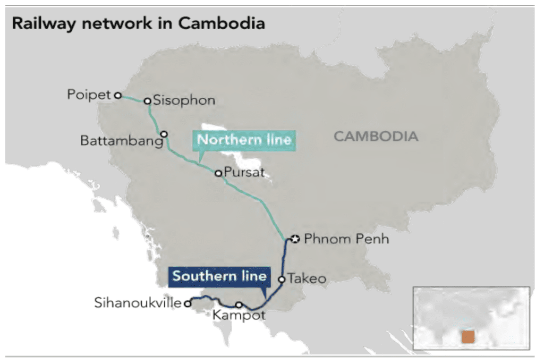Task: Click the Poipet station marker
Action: click(118, 96)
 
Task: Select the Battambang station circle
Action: click(164, 134)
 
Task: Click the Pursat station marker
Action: click(218, 173)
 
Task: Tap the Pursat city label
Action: click(244, 173)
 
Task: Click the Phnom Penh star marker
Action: click(296, 239)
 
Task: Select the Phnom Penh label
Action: click(346, 239)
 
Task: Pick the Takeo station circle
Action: click(282, 278)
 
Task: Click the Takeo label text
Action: click(307, 278)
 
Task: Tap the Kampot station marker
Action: click(239, 305)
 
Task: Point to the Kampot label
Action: click(239, 316)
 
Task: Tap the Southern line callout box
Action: click(219, 276)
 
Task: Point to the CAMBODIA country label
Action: click(376, 136)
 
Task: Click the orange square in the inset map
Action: click(468, 337)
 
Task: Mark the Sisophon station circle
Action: click(148, 100)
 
